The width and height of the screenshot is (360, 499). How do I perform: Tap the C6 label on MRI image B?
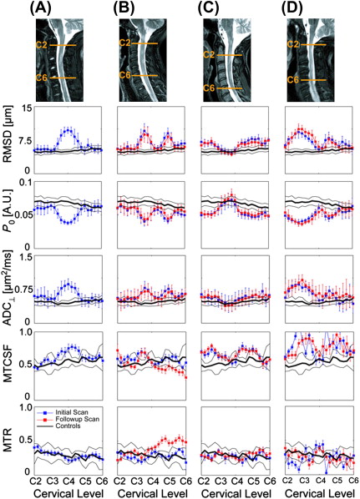tap(125, 75)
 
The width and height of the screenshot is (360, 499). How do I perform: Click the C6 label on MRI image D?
tap(293, 80)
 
